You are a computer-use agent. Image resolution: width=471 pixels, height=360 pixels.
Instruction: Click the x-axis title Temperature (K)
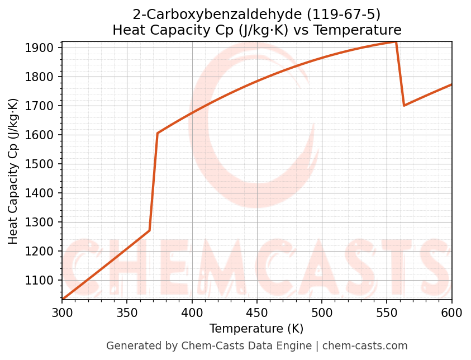point(256,329)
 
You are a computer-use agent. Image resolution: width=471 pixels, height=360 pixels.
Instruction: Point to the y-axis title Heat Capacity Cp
point(13,171)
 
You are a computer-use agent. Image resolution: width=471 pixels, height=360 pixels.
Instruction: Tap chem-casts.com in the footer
point(365,346)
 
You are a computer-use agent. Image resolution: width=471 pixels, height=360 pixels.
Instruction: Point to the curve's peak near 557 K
point(396,42)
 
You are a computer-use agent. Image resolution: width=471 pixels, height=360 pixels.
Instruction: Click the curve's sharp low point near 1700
point(404,105)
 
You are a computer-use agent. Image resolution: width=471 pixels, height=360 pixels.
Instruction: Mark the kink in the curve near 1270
point(149,230)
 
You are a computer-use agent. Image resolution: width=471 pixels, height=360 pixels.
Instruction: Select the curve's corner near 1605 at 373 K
point(158,133)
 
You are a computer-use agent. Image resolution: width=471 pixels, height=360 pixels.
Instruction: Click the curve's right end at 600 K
point(451,84)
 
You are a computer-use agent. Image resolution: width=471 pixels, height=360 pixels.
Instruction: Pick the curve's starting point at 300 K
point(62,300)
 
